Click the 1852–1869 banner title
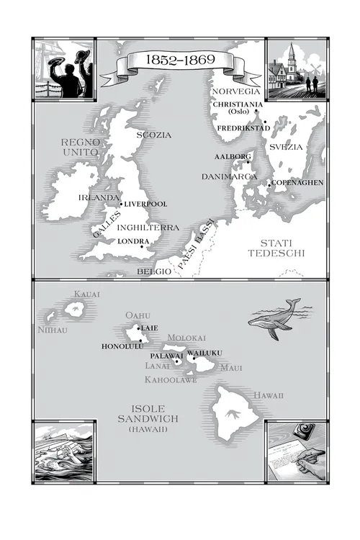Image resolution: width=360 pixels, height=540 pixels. [179, 59]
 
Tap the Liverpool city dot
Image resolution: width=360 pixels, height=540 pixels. [121, 204]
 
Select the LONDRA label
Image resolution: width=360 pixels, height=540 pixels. [133, 241]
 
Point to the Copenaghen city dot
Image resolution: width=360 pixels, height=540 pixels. [270, 186]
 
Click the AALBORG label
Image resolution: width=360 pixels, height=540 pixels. [232, 156]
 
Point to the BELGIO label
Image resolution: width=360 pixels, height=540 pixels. [154, 271]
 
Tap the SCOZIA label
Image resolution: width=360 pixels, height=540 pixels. [154, 135]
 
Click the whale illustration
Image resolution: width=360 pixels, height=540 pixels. [274, 319]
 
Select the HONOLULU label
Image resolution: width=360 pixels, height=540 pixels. [119, 346]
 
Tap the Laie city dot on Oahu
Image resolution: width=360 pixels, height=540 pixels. [138, 328]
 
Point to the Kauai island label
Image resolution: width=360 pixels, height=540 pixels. [88, 294]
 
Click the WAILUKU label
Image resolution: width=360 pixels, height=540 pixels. [205, 352]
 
